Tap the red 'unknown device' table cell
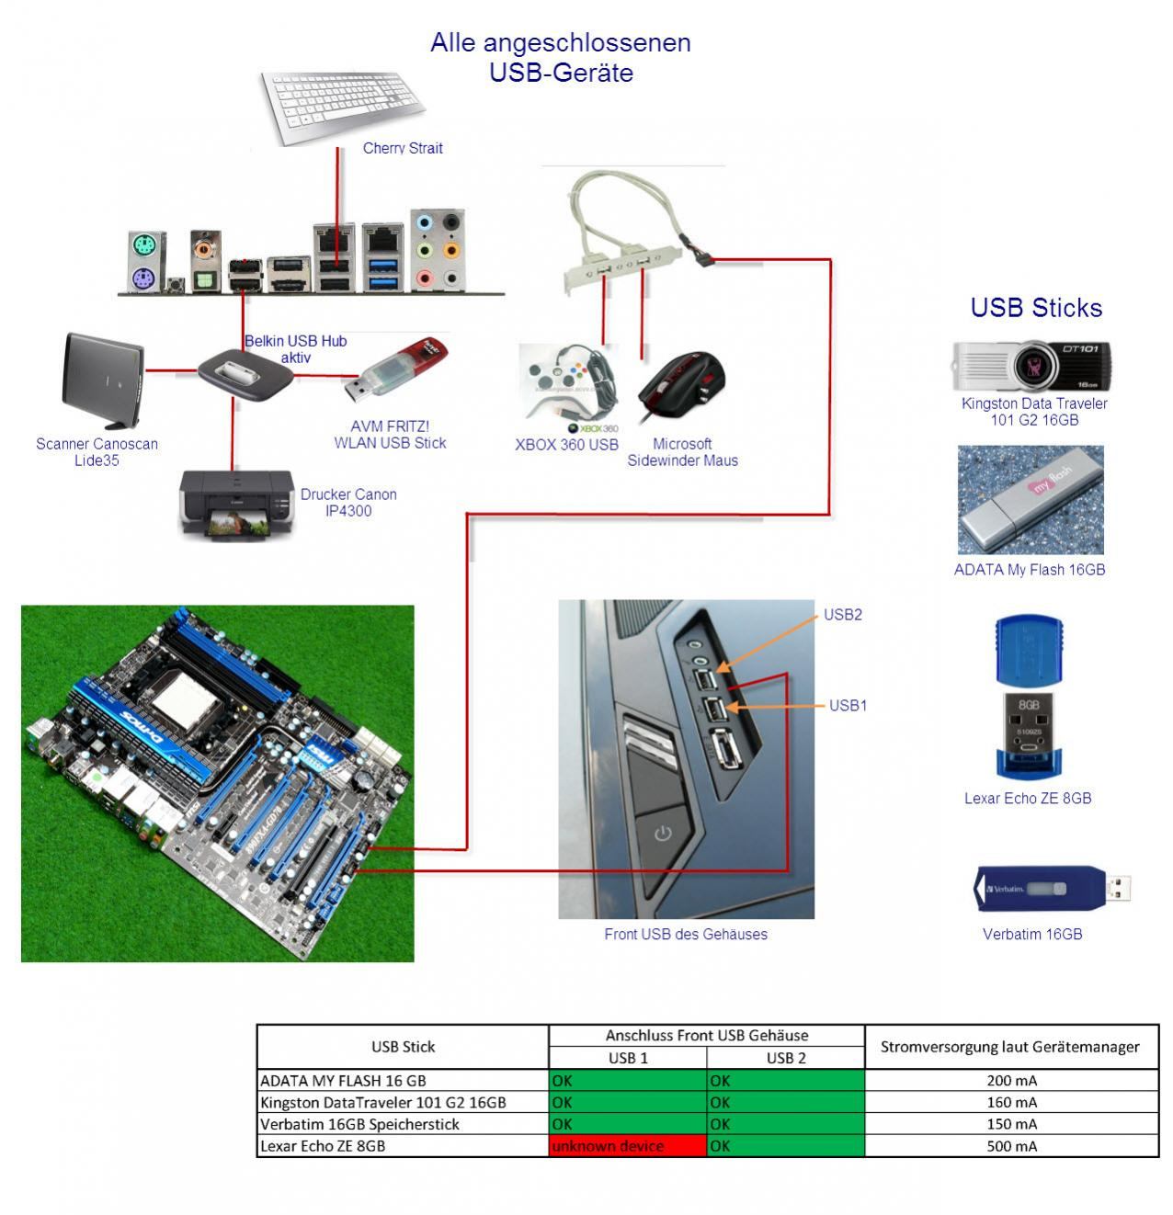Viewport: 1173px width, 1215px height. [x=627, y=1146]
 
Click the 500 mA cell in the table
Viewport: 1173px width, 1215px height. [x=1011, y=1146]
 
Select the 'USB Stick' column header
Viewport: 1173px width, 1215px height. [x=403, y=1047]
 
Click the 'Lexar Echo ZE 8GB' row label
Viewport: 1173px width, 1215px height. [x=323, y=1146]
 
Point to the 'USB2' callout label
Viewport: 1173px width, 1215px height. [x=842, y=615]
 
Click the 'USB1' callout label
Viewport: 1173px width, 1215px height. [x=848, y=706]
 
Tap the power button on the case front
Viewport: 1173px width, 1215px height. [x=662, y=835]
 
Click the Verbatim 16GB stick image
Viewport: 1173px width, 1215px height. [x=1052, y=888]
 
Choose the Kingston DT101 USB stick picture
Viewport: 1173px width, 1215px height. [x=1031, y=366]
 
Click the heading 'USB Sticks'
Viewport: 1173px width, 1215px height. [x=1036, y=308]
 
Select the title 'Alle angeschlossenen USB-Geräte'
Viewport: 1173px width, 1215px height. [x=561, y=57]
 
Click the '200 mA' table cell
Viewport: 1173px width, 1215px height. [x=1011, y=1081]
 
